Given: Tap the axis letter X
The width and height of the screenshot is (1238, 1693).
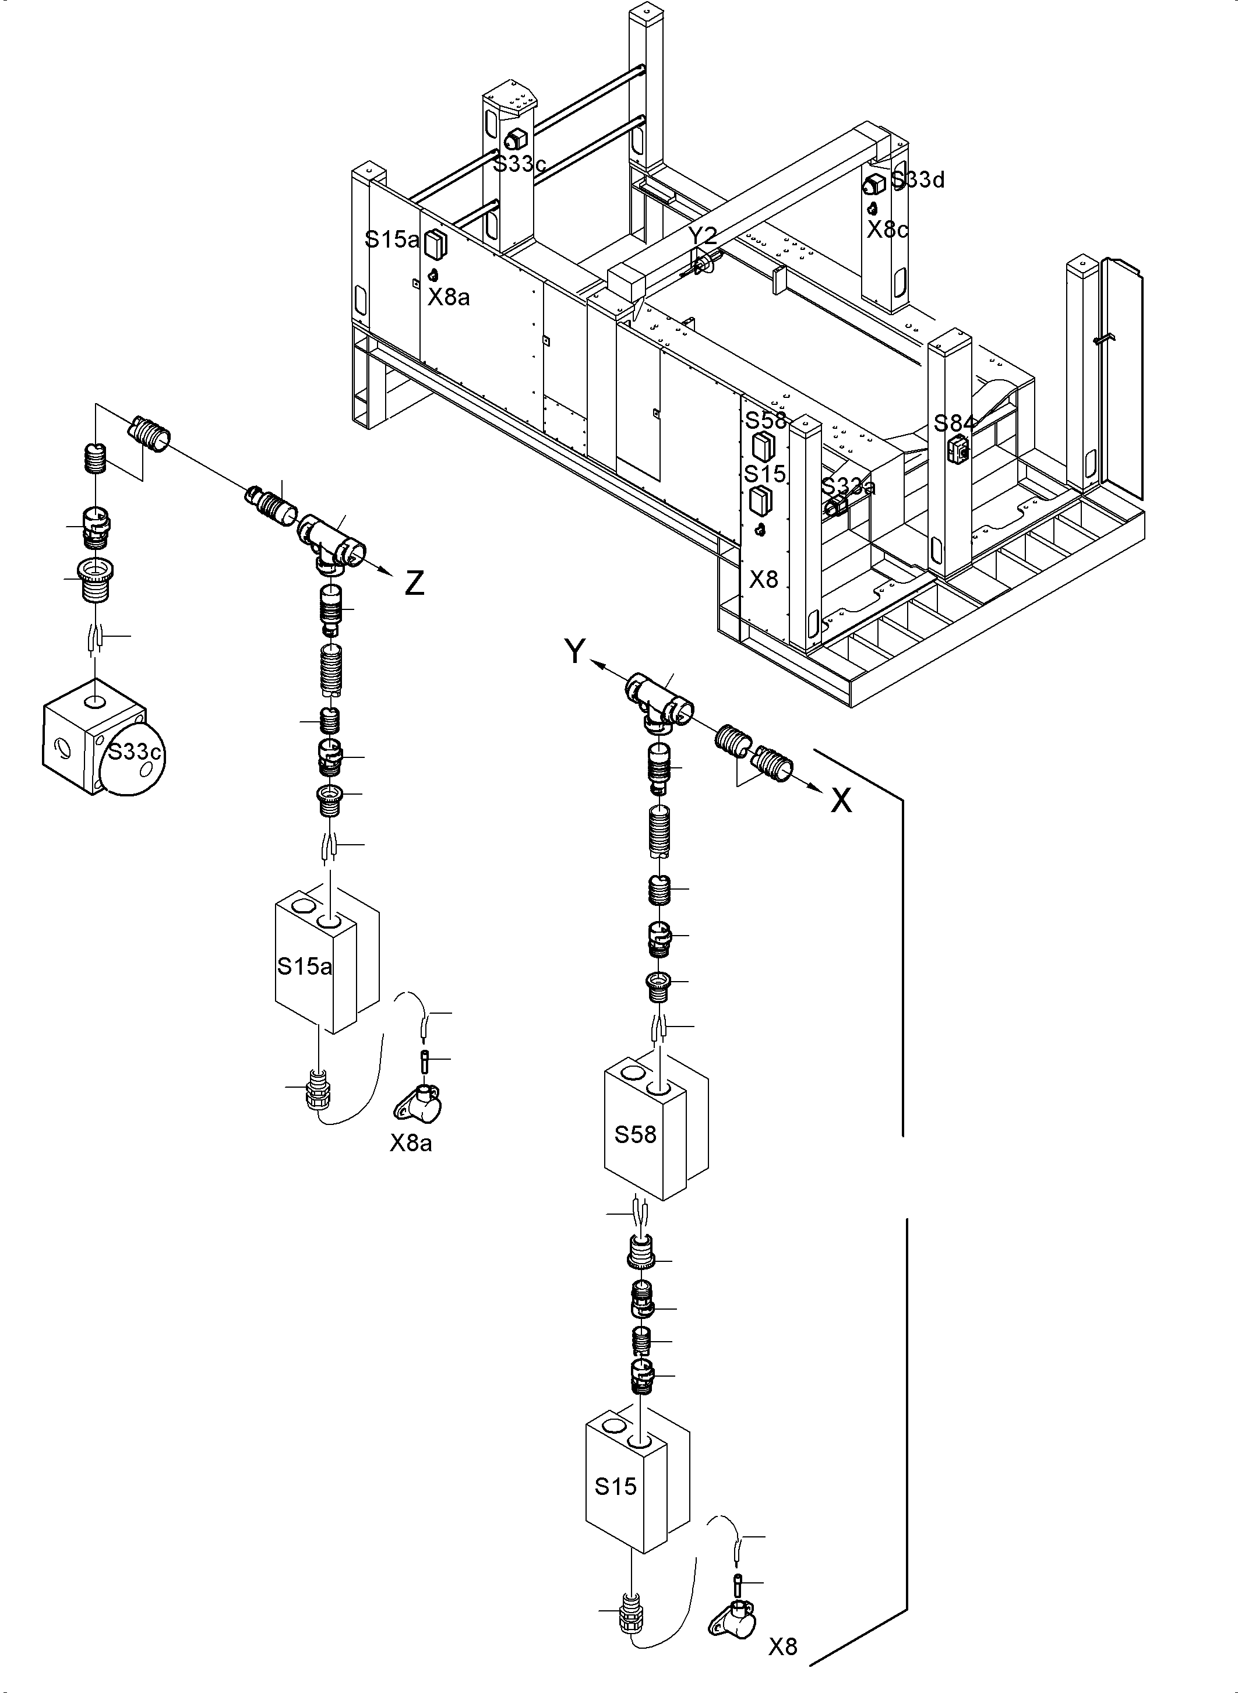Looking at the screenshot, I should [842, 801].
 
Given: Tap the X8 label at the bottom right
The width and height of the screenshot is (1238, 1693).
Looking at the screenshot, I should [783, 1646].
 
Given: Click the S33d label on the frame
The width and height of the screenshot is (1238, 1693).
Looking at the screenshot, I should [918, 180].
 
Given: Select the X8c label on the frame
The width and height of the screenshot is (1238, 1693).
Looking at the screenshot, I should [887, 230].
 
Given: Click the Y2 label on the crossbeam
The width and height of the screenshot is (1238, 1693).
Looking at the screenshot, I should [702, 236].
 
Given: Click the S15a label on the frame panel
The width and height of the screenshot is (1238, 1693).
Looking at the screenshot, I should [391, 240].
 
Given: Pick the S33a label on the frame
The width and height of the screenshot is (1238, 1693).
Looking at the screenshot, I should [848, 486].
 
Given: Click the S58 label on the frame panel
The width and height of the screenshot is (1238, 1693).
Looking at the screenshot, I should [765, 419].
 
